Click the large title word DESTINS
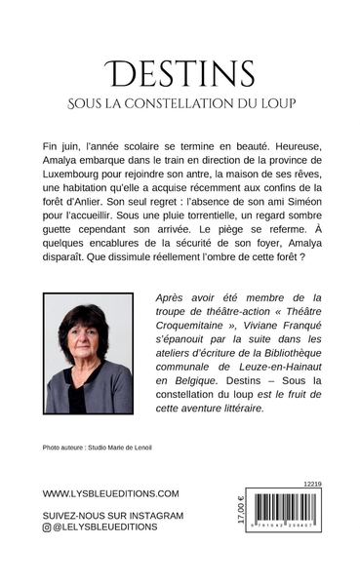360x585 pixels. pos(180,74)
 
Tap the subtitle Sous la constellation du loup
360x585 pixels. pos(180,102)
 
